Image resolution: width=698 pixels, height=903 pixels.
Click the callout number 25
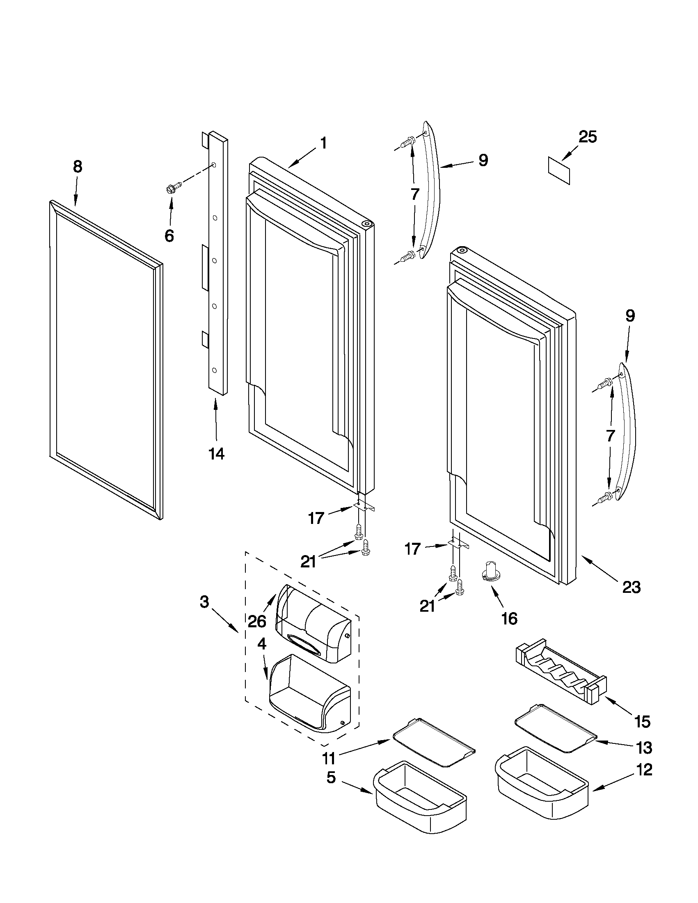point(588,137)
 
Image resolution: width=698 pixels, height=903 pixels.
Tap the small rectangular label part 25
point(558,170)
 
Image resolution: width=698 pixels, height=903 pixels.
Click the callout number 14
point(216,454)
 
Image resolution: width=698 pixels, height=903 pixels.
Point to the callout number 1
point(324,144)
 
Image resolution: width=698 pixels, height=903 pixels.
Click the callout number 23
point(632,587)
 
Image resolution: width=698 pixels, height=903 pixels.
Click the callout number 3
point(204,602)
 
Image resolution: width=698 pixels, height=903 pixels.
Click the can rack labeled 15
point(561,673)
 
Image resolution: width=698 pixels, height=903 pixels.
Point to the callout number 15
point(643,722)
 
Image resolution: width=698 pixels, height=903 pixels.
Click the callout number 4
point(261,644)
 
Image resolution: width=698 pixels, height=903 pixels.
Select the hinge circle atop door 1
point(366,224)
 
